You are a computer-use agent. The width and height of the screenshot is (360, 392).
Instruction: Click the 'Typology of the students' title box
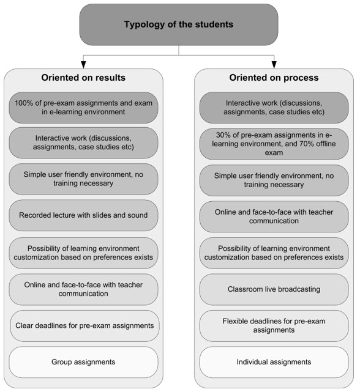179,24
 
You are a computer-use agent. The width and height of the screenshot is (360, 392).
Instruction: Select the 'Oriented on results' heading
83,78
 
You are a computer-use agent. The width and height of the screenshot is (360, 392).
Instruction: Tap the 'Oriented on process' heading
274,78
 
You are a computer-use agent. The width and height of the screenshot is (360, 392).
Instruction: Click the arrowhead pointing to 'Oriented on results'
84,65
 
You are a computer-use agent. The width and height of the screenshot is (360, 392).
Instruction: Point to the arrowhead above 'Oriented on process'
274,65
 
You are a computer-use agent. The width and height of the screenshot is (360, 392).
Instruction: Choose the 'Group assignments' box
83,362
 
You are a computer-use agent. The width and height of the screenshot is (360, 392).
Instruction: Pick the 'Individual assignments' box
274,362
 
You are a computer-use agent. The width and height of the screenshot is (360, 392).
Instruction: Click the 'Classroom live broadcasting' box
274,289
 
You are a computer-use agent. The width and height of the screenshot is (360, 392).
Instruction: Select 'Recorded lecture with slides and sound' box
83,215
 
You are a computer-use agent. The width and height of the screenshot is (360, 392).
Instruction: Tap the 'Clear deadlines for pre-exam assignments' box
84,326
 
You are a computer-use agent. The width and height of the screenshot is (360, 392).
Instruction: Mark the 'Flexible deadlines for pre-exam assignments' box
274,326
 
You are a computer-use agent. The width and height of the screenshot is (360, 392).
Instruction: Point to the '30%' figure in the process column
223,135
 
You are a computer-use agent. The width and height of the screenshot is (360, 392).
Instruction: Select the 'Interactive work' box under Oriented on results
83,142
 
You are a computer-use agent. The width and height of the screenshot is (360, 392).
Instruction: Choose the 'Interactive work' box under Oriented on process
274,108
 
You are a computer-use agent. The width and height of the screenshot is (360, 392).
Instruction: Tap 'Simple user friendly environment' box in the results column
83,179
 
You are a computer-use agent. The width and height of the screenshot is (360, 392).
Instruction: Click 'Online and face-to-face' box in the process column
274,216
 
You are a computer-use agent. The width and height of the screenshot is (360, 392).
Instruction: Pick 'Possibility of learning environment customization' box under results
83,253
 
